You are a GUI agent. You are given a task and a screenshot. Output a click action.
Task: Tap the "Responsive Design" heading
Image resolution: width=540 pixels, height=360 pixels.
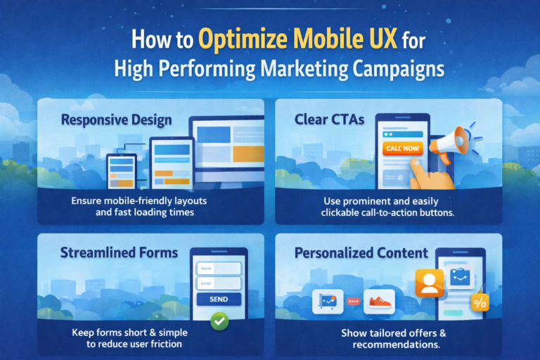tap(116, 120)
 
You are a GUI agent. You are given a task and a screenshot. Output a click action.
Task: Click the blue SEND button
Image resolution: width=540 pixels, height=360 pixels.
tap(219, 299)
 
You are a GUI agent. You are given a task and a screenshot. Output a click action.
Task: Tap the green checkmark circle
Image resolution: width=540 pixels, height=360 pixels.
tap(220, 322)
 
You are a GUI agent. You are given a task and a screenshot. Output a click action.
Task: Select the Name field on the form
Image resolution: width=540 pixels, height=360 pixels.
tap(219, 268)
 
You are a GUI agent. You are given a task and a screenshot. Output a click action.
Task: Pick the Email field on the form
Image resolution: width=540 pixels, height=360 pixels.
tap(219, 283)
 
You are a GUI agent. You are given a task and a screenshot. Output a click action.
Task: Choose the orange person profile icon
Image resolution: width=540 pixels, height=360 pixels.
tap(428, 282)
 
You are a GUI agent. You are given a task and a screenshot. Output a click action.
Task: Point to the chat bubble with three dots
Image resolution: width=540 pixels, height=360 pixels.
tap(353, 302)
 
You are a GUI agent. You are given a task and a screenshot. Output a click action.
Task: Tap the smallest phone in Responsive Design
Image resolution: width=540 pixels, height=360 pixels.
tap(120, 172)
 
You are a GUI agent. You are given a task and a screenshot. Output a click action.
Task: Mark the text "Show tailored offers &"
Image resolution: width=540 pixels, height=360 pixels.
tap(394, 332)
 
